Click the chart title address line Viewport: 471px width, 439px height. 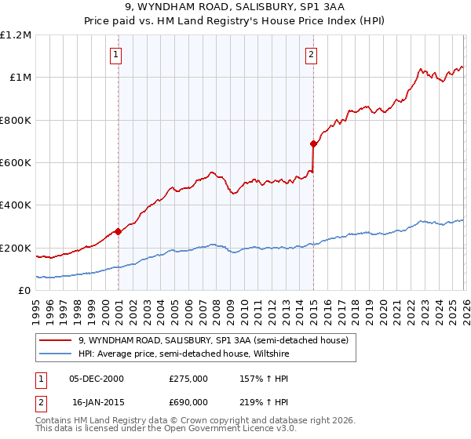[235, 7]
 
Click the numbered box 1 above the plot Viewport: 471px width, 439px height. [116, 54]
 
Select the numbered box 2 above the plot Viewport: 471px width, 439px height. [312, 54]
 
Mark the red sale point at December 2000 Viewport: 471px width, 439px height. [118, 231]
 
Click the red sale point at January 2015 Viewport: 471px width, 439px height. [313, 143]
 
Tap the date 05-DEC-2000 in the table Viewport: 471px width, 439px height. [96, 379]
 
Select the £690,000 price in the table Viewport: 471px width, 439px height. [188, 401]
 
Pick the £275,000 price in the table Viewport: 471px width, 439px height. [188, 379]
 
